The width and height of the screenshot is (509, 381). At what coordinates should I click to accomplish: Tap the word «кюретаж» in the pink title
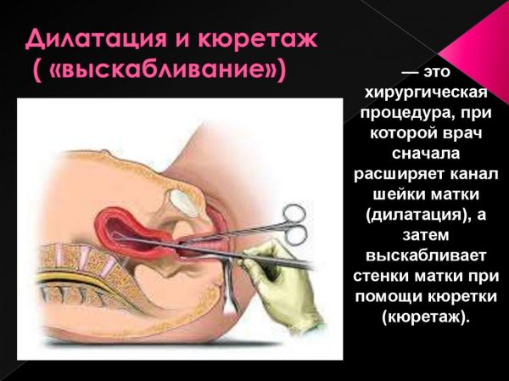[x=257, y=39]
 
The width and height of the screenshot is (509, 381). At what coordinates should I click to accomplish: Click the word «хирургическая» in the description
[x=426, y=94]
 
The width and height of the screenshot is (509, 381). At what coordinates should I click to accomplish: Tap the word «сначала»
[x=426, y=153]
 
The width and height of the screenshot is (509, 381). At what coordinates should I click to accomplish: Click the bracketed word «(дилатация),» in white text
[x=418, y=215]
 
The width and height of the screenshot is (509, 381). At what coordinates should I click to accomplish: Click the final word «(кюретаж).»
[x=426, y=316]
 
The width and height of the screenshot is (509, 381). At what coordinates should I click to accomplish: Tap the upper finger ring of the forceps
[x=294, y=214]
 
